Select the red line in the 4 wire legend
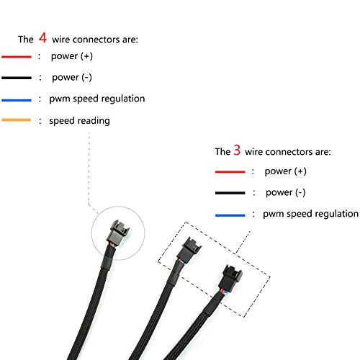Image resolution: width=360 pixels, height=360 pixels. coord(17,56)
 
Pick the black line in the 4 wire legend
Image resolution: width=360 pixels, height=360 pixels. coord(17,77)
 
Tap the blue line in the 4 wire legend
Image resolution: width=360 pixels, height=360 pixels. coord(17,99)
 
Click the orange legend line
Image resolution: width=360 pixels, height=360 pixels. coord(17,120)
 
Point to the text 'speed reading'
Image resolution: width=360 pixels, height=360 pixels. coord(79,120)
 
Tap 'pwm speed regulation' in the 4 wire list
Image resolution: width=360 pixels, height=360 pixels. coord(97,99)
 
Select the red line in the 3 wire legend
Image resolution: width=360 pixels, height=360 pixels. coord(230,171)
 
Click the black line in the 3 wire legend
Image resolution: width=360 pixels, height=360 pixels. coord(230,193)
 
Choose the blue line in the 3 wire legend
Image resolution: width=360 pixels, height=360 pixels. coord(230,215)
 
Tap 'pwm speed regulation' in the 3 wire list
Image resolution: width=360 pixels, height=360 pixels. coord(310,214)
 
